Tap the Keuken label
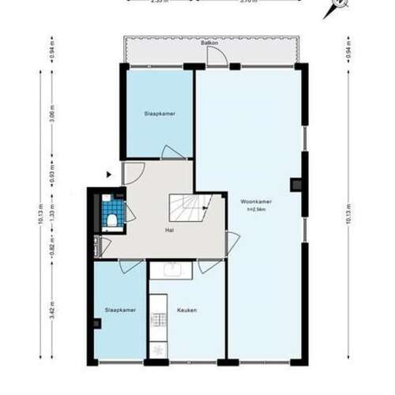pos(187,310)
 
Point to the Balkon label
pos(209,43)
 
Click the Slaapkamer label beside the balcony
pos(160,114)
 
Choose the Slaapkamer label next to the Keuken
pos(120,310)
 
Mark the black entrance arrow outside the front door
pos(109,174)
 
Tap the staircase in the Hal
pos(190,209)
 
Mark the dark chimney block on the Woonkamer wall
pos(296,186)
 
